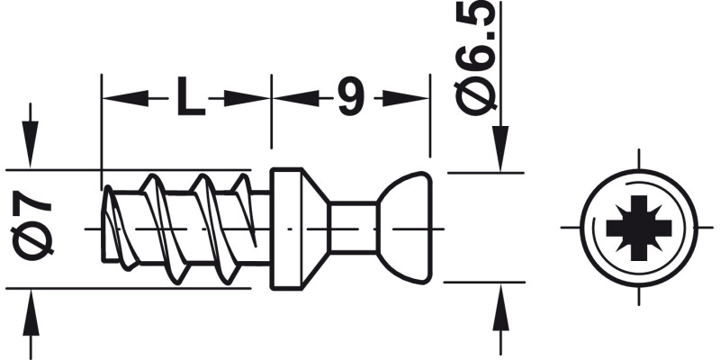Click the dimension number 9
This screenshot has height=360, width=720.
coord(350,97)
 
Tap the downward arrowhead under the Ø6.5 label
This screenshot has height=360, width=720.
coord(498,148)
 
